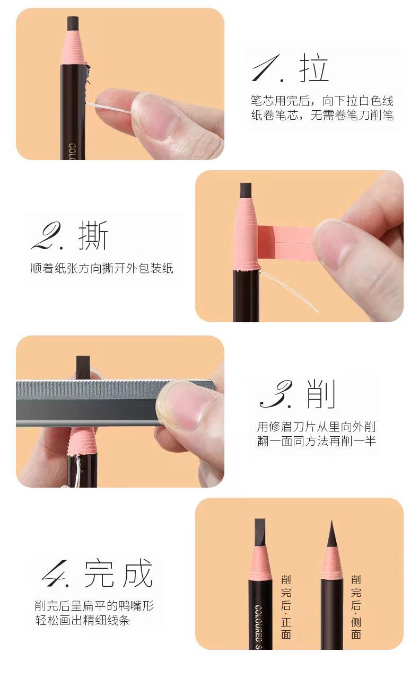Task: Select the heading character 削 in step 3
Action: click(321, 395)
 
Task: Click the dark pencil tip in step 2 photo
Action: click(246, 190)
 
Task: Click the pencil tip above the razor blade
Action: click(82, 366)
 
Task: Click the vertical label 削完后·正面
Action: click(286, 606)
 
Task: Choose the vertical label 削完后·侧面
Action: click(356, 606)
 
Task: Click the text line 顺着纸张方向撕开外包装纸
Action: click(102, 268)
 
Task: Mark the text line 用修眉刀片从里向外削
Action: click(317, 427)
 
